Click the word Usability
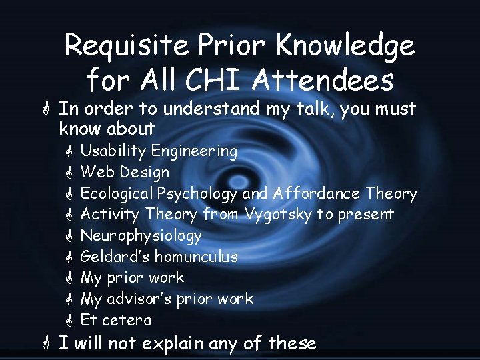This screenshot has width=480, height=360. click(x=113, y=151)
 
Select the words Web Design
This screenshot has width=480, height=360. click(x=125, y=172)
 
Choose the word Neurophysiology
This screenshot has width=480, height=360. click(x=141, y=236)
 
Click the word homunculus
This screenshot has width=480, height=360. click(x=196, y=257)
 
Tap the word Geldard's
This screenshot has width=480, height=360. click(x=115, y=257)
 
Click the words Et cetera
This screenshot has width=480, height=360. click(x=116, y=320)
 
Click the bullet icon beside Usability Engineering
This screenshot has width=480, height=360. click(x=67, y=151)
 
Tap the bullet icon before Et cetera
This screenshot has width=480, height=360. click(x=67, y=320)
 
